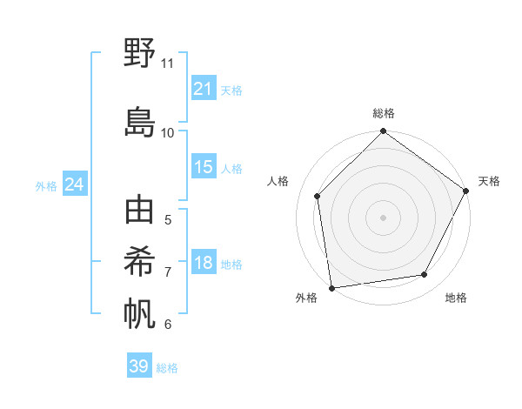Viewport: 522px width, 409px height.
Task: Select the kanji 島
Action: coord(139,123)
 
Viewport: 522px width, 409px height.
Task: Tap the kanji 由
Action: coord(139,211)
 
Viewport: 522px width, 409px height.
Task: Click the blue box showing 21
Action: coord(203,89)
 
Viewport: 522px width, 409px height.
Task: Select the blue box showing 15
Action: coord(203,167)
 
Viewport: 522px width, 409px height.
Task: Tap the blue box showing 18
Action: coord(203,264)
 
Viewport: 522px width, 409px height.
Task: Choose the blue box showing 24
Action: coord(74,184)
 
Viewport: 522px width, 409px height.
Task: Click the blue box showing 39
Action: coord(138,366)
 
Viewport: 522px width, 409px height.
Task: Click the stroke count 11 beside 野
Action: coord(168,64)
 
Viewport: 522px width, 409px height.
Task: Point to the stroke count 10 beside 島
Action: coord(168,133)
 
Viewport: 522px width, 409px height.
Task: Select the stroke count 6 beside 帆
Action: coord(168,325)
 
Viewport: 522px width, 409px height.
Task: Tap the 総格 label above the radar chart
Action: coord(384,113)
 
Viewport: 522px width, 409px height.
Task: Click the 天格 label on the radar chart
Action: coord(489,181)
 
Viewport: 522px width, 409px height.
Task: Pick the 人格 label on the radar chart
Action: coord(278,181)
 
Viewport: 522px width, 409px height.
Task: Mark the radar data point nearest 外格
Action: coord(331,287)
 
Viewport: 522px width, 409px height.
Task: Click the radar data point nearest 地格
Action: coord(425,274)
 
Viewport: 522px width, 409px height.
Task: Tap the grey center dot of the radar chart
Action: coord(383,217)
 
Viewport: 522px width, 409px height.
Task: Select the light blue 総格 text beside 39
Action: coord(167,368)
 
